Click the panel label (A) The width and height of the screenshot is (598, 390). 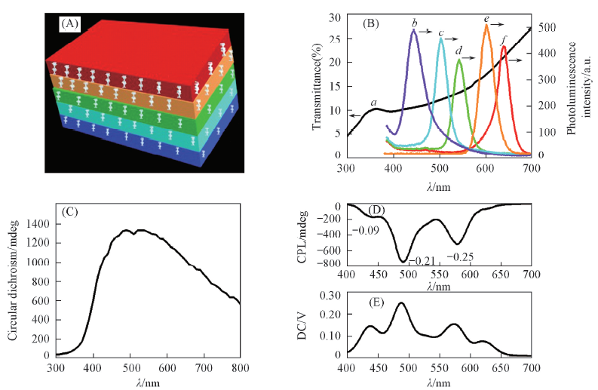(x=70, y=24)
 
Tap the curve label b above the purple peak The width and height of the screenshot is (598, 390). (x=414, y=24)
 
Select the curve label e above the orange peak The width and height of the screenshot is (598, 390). (x=486, y=19)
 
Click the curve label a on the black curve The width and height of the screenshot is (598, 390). (x=373, y=102)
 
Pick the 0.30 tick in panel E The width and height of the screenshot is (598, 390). (x=330, y=296)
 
